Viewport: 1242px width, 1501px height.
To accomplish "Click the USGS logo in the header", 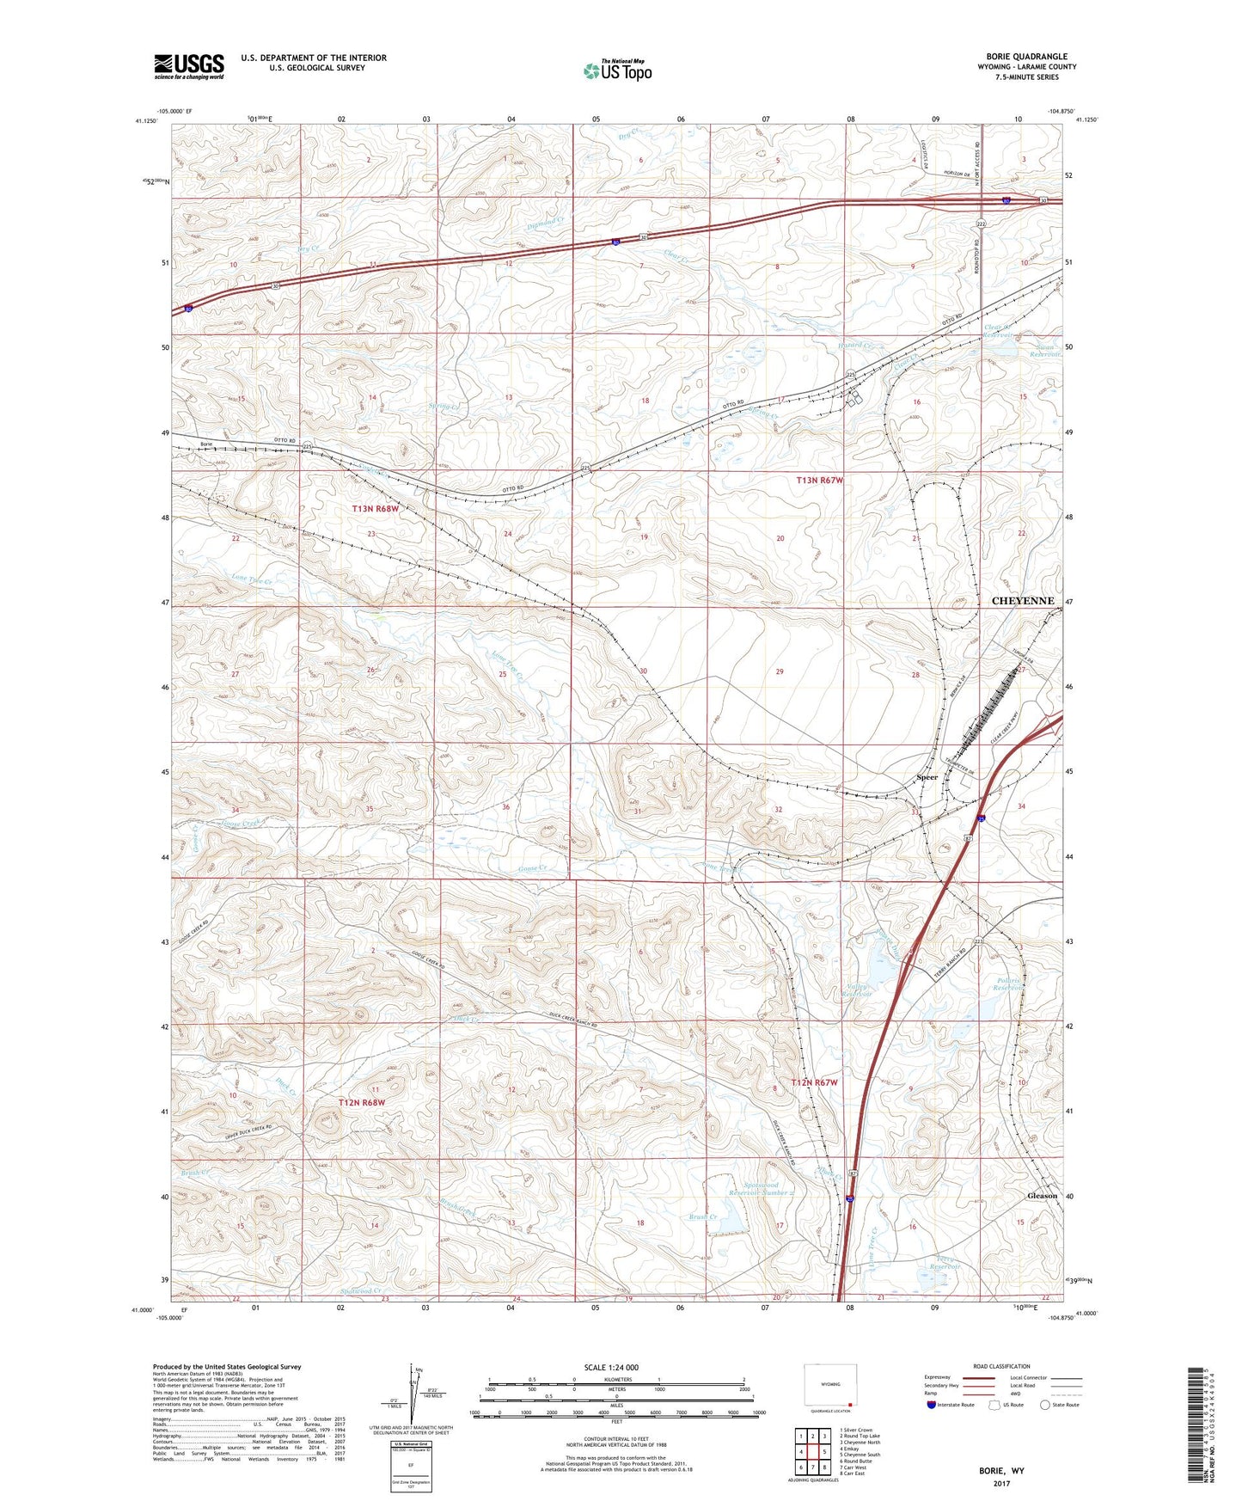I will point(188,66).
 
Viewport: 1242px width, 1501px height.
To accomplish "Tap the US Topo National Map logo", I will point(617,70).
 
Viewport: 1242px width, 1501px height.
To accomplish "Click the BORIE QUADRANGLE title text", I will point(1026,57).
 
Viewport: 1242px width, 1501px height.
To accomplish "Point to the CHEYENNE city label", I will point(1023,601).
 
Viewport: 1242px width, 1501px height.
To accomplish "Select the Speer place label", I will point(927,777).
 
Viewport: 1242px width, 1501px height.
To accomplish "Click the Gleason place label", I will point(1043,1196).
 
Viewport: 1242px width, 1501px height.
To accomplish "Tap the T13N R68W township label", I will point(376,509).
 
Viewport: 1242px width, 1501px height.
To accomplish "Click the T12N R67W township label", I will point(813,1082).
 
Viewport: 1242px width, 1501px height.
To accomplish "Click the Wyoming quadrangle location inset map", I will point(828,1387).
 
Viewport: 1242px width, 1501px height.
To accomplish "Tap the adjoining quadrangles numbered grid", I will point(812,1452).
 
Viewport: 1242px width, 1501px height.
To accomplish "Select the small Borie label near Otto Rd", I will point(205,444).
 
